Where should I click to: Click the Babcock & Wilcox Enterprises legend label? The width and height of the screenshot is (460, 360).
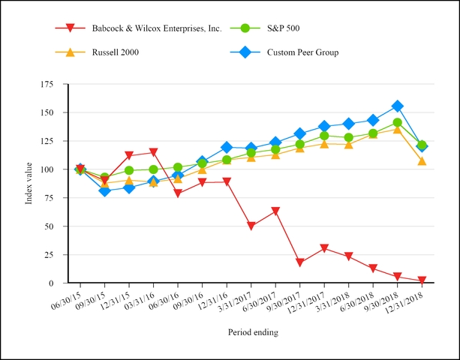[x=156, y=28]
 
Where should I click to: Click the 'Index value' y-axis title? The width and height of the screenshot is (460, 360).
[x=29, y=183]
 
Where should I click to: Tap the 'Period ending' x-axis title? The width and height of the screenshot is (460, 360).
[x=253, y=331]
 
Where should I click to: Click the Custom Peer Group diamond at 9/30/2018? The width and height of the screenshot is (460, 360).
[x=397, y=106]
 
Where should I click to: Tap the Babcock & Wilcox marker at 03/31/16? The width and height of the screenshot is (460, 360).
[x=153, y=153]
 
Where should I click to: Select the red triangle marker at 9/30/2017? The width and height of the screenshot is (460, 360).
[x=299, y=262]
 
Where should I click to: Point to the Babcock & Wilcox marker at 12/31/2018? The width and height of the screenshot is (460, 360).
[x=422, y=280]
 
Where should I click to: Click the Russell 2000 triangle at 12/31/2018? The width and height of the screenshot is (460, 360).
[x=422, y=161]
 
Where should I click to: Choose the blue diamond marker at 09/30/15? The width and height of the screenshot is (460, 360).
[x=104, y=191]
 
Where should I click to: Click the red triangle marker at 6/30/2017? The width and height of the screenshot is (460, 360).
[x=275, y=211]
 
